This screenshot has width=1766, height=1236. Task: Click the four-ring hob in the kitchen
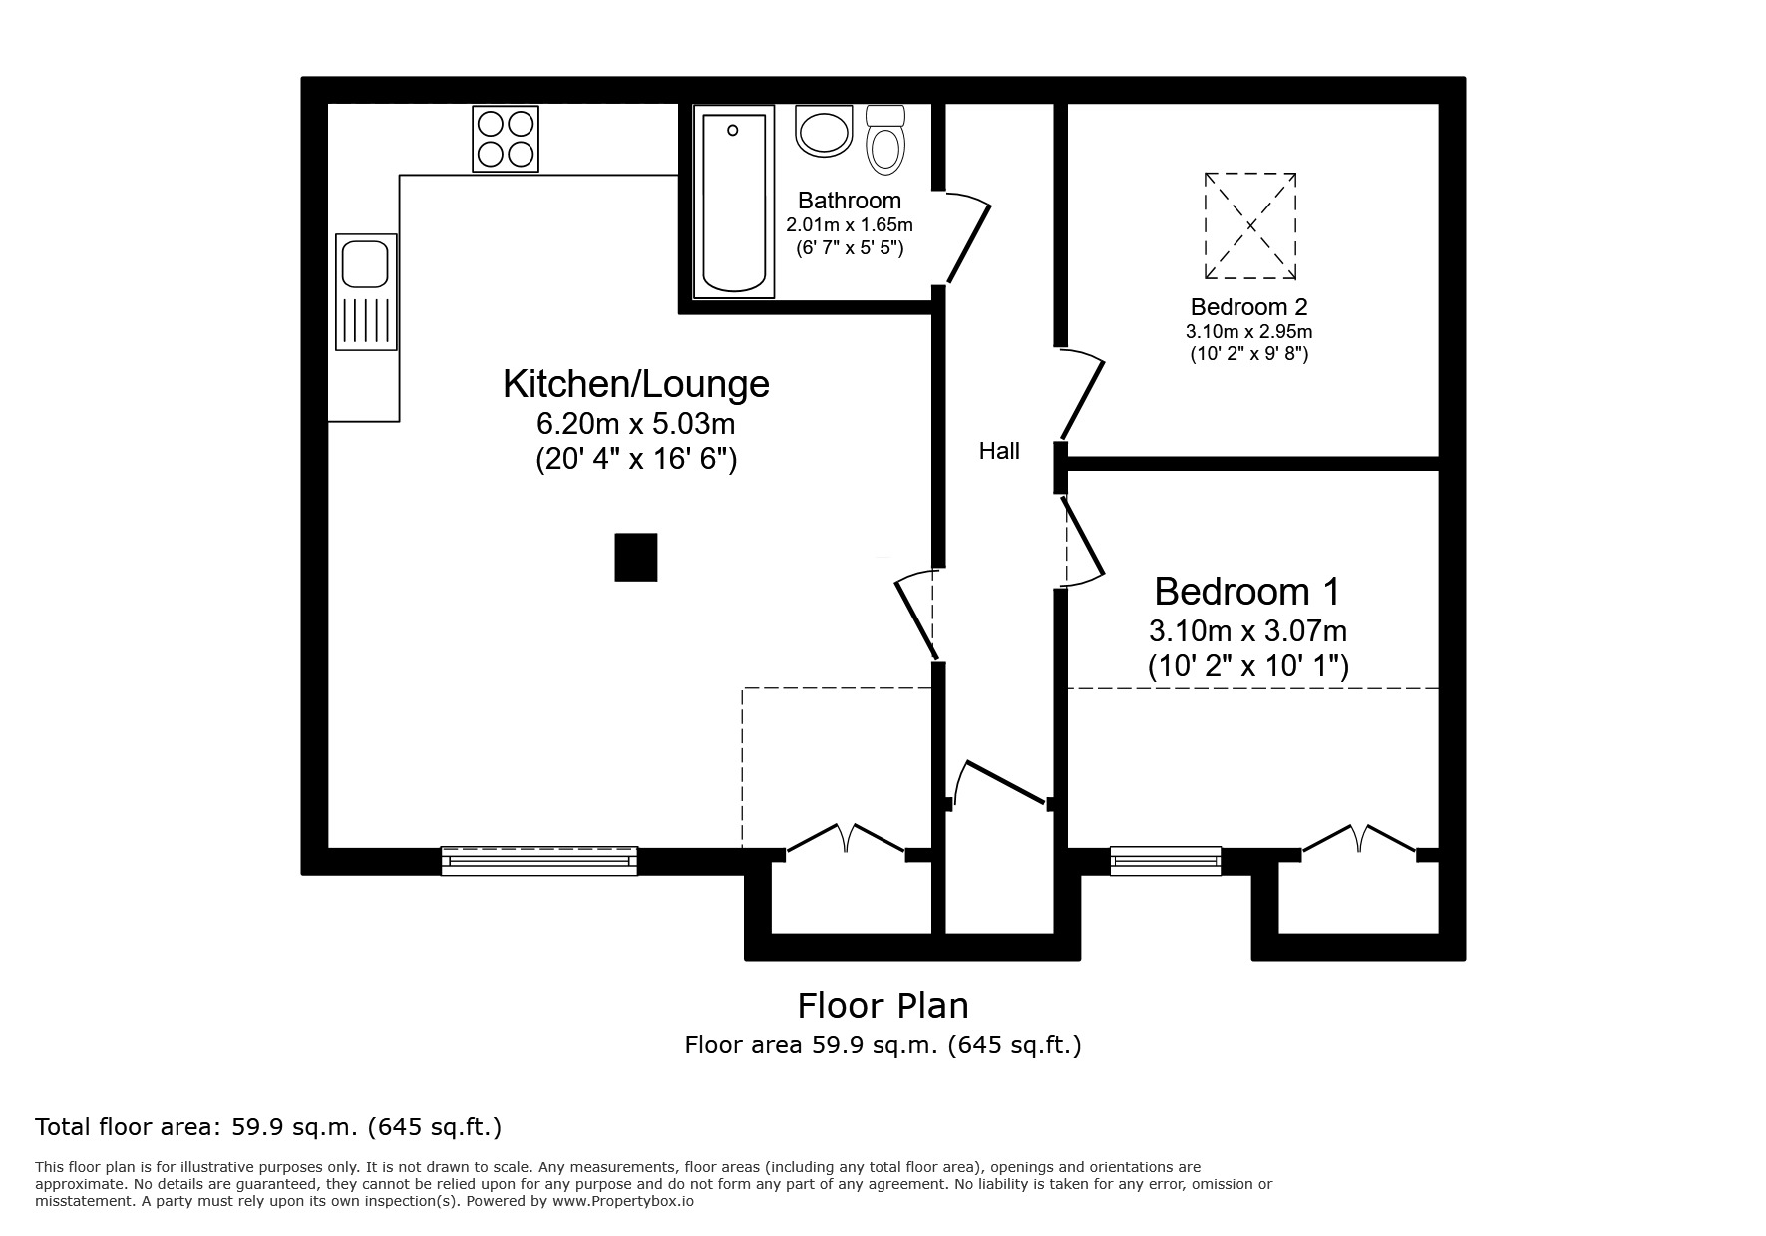tap(505, 139)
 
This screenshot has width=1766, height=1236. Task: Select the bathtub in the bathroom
tap(734, 204)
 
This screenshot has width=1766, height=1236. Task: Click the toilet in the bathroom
tap(884, 140)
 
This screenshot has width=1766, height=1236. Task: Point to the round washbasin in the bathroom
tap(824, 132)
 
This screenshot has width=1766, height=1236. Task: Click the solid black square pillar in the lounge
tap(635, 557)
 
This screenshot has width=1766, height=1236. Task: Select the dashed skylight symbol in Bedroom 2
tap(1250, 225)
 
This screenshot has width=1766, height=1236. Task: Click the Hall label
tap(998, 452)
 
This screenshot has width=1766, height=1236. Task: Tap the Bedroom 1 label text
tap(1246, 592)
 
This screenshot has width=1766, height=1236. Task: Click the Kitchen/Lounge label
tap(635, 384)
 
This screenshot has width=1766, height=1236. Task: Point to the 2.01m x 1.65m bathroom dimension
tap(849, 225)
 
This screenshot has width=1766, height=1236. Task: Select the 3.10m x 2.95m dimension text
tap(1248, 331)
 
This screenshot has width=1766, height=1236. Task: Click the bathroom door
tap(967, 239)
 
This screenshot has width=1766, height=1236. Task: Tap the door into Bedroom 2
tap(1083, 394)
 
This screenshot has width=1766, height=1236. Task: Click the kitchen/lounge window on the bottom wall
tap(538, 860)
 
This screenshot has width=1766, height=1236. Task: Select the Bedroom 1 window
tap(1165, 860)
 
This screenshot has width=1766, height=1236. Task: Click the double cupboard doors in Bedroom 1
tap(1358, 839)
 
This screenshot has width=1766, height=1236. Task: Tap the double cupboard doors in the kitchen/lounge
tap(846, 839)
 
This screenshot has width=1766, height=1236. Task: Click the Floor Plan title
tap(883, 1005)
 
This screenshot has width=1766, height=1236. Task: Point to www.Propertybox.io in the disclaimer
tap(623, 1202)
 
